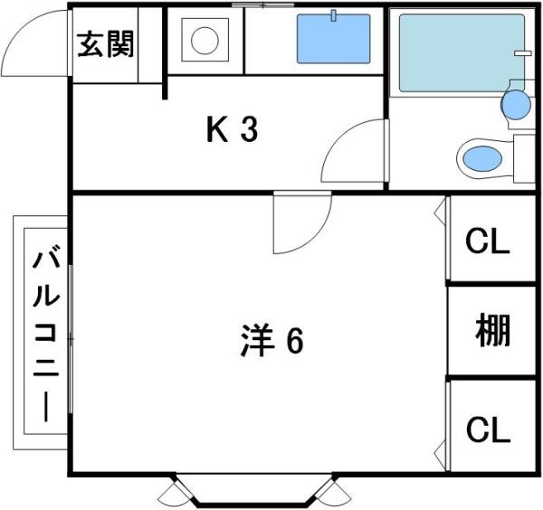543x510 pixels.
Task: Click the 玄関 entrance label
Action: point(105,44)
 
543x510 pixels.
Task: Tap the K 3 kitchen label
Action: point(232,129)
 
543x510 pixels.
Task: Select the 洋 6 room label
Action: point(272,341)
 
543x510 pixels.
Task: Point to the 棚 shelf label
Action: point(492,330)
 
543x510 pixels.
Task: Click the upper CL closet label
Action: point(488,241)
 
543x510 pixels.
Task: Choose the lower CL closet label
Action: point(489,430)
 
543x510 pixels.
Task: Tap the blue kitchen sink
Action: point(333,39)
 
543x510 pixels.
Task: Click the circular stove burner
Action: point(205,40)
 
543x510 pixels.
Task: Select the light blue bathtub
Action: point(462,53)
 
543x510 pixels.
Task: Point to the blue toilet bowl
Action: point(482,158)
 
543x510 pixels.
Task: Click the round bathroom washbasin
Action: point(516,105)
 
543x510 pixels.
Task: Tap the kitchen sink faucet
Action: point(333,15)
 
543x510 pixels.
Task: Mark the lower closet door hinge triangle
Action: point(440,454)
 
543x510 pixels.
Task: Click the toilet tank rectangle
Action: point(524,159)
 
